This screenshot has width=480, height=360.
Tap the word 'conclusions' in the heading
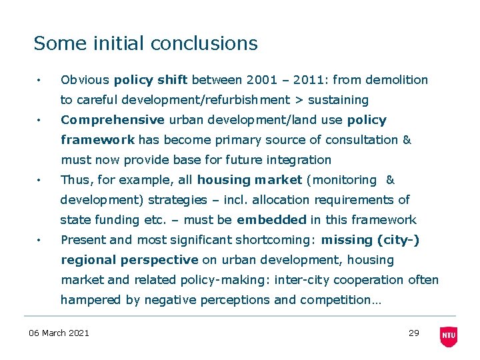pos(204,43)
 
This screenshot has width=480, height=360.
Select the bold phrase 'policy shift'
pos(151,80)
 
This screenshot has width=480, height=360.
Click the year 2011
pos(307,80)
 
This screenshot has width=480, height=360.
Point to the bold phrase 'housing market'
pos(249,180)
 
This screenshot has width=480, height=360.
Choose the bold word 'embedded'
pos(271,220)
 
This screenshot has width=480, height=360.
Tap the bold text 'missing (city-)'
pos(370,240)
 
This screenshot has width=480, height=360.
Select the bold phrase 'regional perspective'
pos(129,260)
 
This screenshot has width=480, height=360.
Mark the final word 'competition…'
pos(341,300)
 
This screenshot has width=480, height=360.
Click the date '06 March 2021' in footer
pos(59,333)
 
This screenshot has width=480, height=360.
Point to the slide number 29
pos(413,333)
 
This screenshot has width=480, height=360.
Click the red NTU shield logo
pos(449,337)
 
